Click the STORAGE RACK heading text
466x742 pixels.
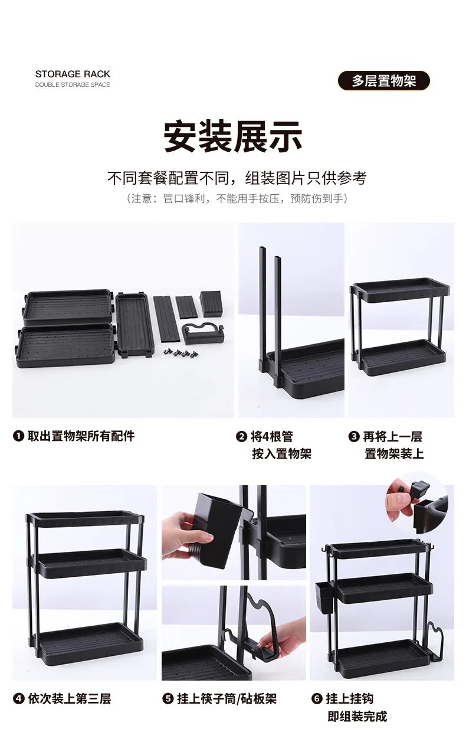click(73, 74)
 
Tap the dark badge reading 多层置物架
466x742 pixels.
click(384, 81)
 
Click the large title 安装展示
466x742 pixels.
click(233, 136)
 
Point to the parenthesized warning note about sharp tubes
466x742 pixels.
click(237, 198)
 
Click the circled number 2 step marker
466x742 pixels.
click(241, 437)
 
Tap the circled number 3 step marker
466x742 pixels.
click(353, 437)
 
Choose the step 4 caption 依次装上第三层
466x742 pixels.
click(70, 699)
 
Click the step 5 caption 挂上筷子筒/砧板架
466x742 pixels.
click(227, 699)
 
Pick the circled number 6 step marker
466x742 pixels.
click(317, 699)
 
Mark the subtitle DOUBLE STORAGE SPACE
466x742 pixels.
click(73, 85)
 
